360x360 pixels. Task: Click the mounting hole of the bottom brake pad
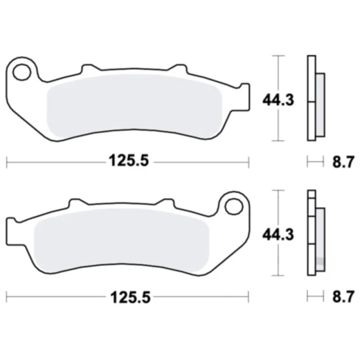[231, 206]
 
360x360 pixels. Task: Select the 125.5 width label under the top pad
[128, 162]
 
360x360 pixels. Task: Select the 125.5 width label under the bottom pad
[128, 297]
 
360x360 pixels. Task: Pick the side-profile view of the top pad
[314, 98]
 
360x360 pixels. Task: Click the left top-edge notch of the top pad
[88, 69]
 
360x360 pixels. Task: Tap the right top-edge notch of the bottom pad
[163, 204]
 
